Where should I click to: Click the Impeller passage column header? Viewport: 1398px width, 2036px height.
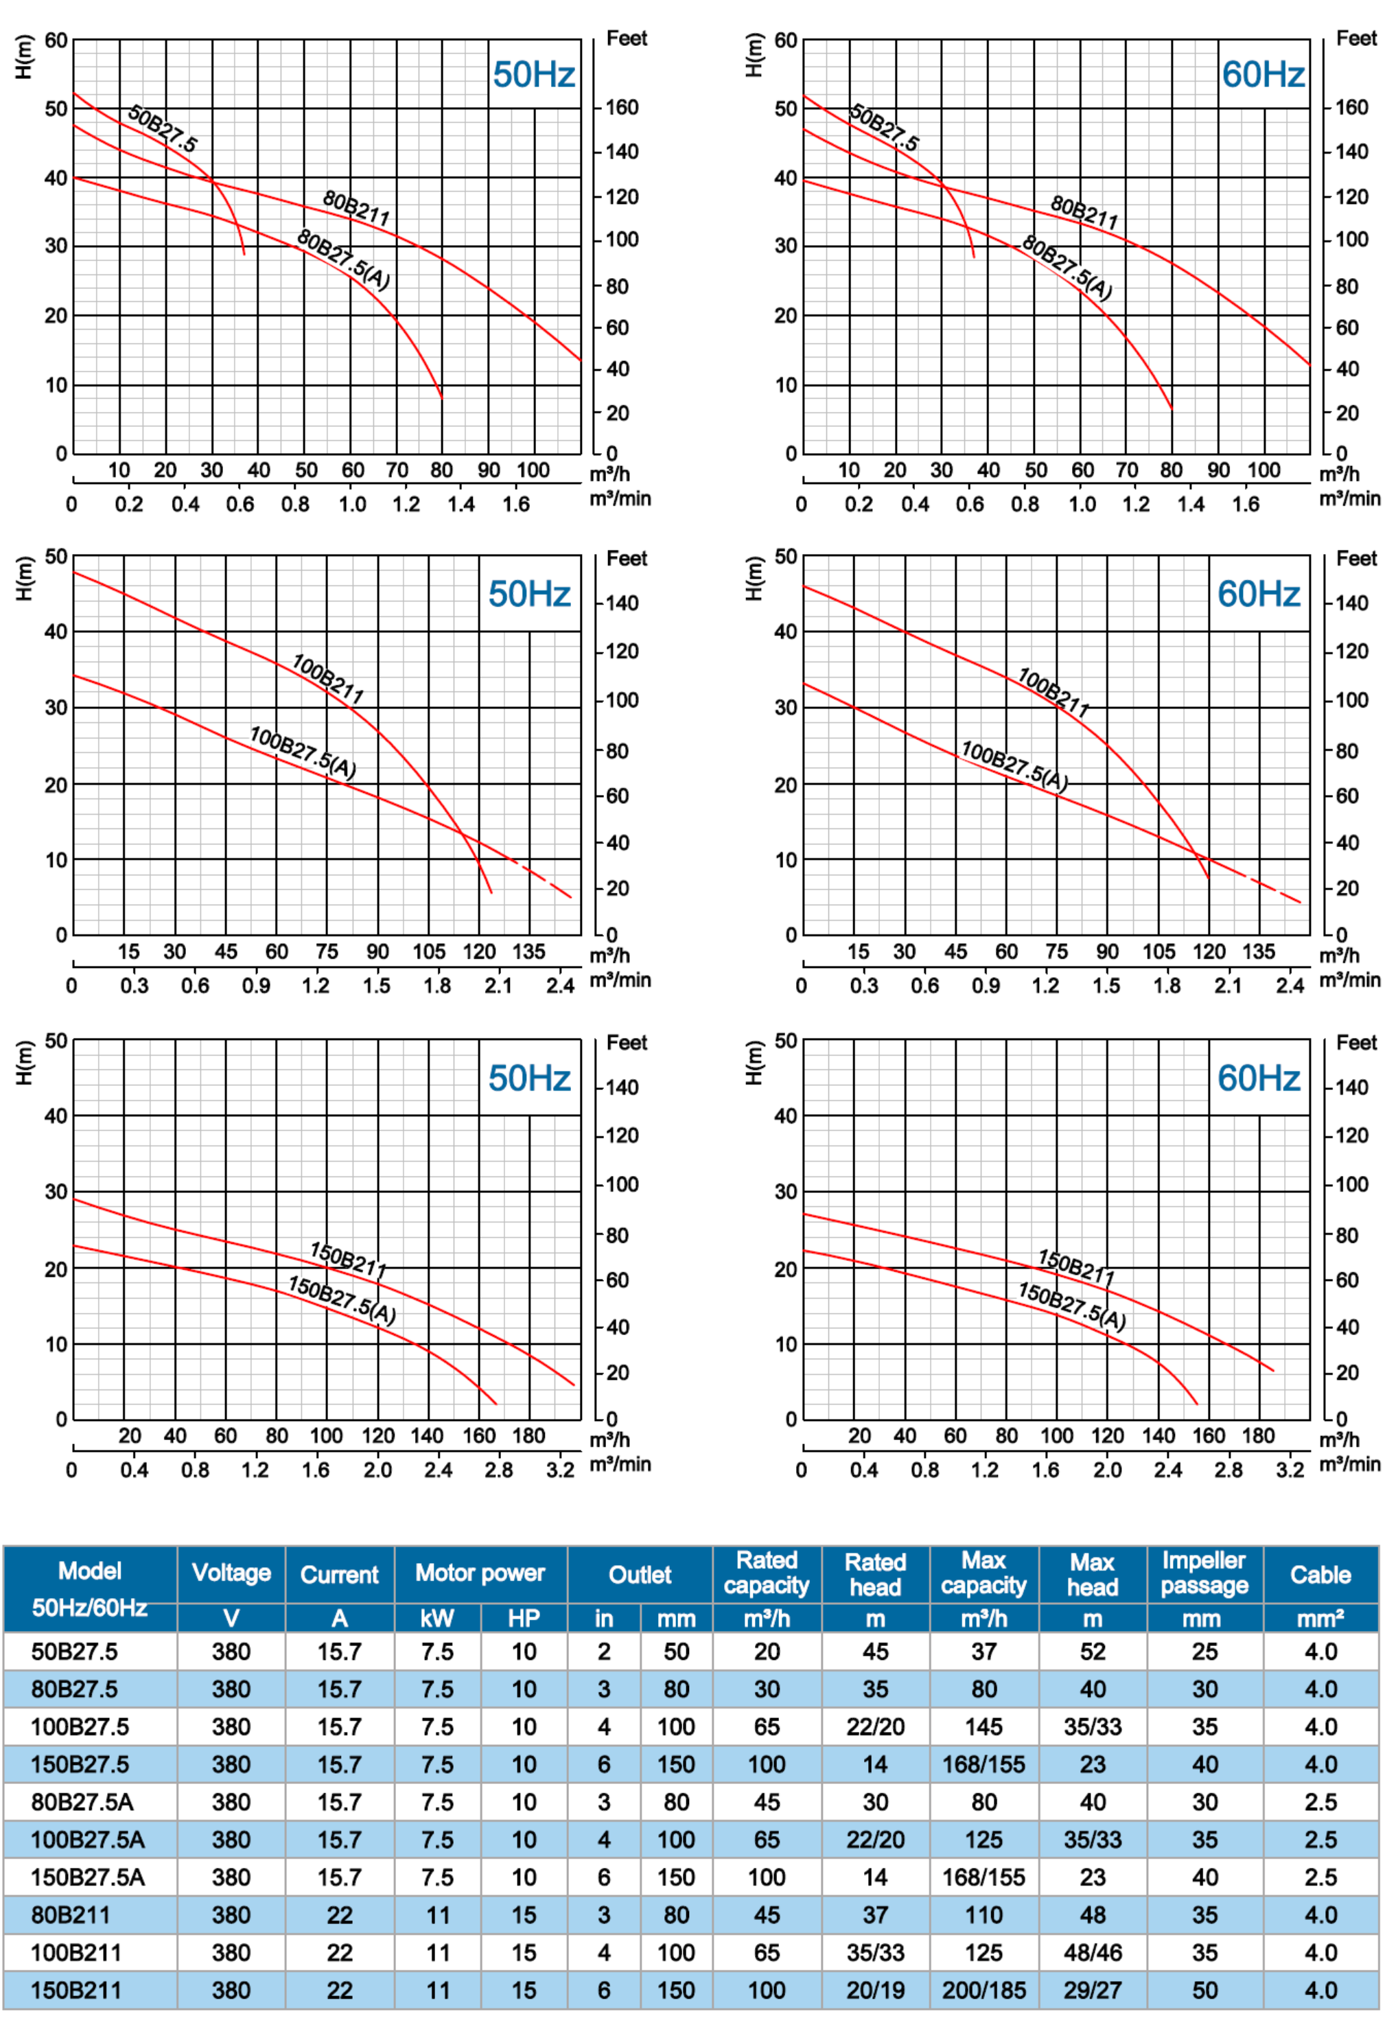1204,1573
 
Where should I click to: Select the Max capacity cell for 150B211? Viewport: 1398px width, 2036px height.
983,1991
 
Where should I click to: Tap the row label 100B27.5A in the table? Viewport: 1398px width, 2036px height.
88,1840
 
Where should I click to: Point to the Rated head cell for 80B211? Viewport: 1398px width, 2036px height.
874,1915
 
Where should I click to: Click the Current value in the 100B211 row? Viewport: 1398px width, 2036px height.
339,1953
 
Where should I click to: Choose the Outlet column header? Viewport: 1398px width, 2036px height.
640,1574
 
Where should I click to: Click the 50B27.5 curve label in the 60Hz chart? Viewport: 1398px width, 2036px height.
885,128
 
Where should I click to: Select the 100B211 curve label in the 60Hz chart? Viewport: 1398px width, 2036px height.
1053,692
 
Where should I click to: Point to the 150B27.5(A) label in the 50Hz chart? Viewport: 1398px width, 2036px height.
342,1299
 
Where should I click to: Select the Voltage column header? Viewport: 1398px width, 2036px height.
231,1573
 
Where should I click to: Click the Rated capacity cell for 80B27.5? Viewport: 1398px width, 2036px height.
767,1689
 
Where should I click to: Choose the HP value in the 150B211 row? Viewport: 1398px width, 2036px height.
524,1991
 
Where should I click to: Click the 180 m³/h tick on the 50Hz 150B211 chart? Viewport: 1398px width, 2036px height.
528,1436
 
